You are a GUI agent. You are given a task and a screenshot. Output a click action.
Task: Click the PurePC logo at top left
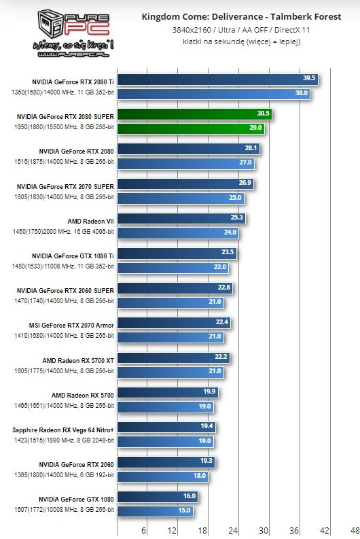point(65,31)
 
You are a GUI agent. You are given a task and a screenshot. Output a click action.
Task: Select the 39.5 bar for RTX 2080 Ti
point(217,78)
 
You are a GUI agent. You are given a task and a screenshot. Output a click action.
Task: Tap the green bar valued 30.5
point(194,114)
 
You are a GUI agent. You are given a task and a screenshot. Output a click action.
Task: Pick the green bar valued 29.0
point(190,127)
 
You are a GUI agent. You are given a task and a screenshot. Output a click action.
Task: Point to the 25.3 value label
point(237,218)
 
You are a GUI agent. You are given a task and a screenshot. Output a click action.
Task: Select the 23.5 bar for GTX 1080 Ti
point(177,252)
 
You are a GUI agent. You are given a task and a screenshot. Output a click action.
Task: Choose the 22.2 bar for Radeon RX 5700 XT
point(173,357)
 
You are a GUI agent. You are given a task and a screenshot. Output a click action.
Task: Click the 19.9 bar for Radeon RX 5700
point(167,392)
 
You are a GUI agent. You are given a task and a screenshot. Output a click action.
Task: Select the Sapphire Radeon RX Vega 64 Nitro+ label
point(63,430)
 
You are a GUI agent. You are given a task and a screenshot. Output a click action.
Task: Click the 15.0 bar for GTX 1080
point(156,510)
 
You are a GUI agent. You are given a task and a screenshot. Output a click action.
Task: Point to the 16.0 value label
point(189,496)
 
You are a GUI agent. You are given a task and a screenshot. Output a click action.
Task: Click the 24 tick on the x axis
point(234,530)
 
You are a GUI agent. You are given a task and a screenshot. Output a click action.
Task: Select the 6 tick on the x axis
point(143,530)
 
